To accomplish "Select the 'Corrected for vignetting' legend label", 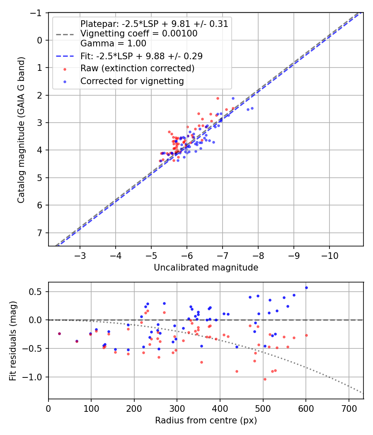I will point(132,81).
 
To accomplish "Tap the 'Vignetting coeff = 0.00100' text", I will point(138,34).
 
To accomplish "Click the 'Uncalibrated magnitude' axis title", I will point(206,268).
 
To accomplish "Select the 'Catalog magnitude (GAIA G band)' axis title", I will point(21,130).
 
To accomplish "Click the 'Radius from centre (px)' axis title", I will point(206,420).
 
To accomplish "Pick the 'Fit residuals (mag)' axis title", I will point(13,341).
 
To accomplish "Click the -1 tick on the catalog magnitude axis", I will point(37,13).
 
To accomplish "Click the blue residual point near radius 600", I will point(306,288).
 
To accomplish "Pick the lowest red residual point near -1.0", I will point(265,379).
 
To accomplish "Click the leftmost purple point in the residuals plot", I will point(59,333).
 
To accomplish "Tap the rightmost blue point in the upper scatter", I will point(252,108).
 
